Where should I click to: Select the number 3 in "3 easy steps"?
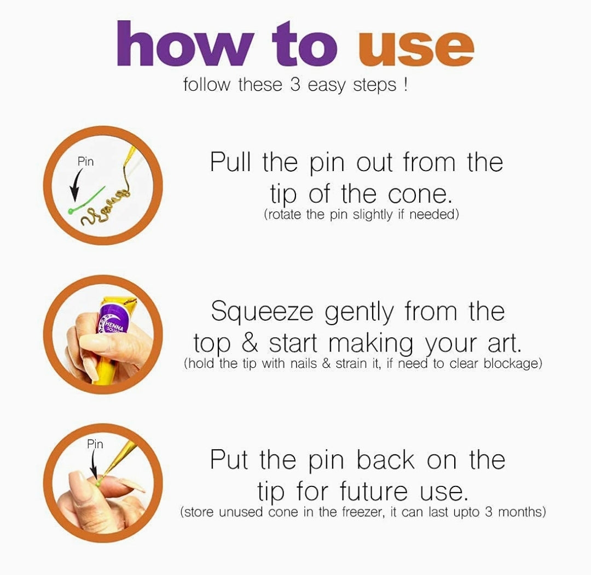click(x=295, y=84)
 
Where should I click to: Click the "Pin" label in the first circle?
click(x=85, y=162)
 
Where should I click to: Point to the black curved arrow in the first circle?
click(x=77, y=185)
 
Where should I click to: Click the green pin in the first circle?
click(x=86, y=199)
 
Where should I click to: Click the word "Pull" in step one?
click(x=230, y=162)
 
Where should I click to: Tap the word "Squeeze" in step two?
click(x=262, y=312)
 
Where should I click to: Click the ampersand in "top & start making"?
click(x=250, y=343)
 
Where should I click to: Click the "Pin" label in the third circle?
click(x=95, y=444)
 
